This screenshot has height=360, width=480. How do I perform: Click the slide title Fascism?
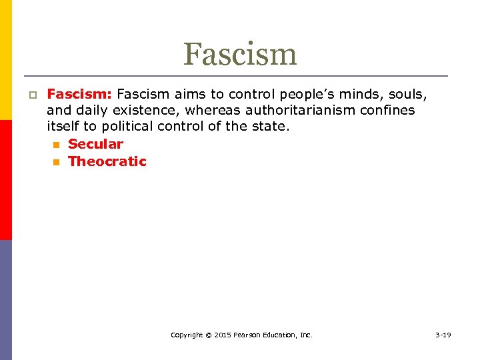(x=240, y=54)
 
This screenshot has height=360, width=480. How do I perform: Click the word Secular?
(x=95, y=144)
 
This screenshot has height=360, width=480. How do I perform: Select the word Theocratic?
(x=107, y=161)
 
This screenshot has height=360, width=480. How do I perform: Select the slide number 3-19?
(x=443, y=335)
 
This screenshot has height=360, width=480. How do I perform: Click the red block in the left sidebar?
(x=6, y=180)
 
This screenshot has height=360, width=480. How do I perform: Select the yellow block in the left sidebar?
(x=6, y=60)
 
